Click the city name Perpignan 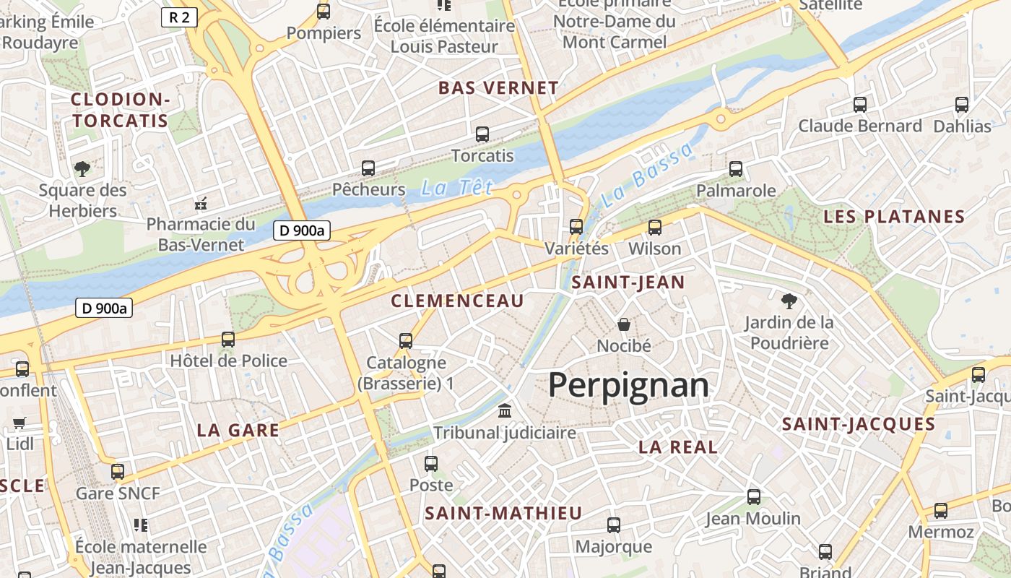(628, 385)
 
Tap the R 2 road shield (179, 17)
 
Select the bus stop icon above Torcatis (482, 134)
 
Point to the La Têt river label (456, 189)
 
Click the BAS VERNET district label (498, 88)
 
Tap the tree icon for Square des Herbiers (82, 169)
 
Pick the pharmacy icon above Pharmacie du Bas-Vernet (201, 203)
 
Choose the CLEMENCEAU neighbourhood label (457, 301)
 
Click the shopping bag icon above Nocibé (624, 324)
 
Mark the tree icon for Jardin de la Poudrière (789, 300)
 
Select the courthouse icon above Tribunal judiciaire (505, 411)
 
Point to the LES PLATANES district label (894, 217)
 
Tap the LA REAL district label (677, 447)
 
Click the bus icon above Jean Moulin (753, 497)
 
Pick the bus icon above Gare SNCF (118, 472)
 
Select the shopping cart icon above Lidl (19, 423)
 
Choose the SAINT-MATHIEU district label (503, 514)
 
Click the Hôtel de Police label (228, 361)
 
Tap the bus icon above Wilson (655, 228)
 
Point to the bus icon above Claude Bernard (859, 105)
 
